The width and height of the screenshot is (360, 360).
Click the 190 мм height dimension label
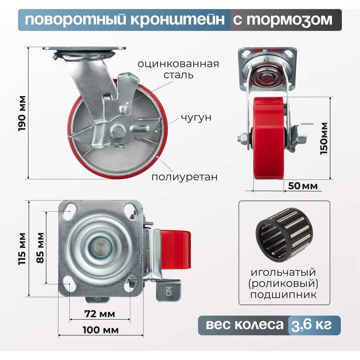pyautogui.click(x=22, y=113)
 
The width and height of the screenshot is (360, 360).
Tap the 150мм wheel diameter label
pyautogui.click(x=324, y=139)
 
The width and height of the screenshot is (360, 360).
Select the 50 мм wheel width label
pyautogui.click(x=303, y=186)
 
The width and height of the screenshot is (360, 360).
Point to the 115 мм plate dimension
pyautogui.click(x=22, y=249)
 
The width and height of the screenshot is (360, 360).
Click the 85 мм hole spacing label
pyautogui.click(x=40, y=248)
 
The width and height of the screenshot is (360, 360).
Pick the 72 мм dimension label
pyautogui.click(x=100, y=314)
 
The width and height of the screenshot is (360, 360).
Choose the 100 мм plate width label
pyautogui.click(x=100, y=330)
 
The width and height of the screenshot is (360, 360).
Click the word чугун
pyautogui.click(x=196, y=118)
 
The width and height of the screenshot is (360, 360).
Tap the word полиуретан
pyautogui.click(x=184, y=177)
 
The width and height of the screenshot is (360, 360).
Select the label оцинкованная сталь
pyautogui.click(x=178, y=69)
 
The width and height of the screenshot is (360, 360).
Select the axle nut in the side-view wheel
pyautogui.click(x=242, y=139)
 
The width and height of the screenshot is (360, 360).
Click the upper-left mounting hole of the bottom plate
pyautogui.click(x=71, y=209)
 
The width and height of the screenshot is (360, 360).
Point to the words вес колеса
pyautogui.click(x=244, y=325)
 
